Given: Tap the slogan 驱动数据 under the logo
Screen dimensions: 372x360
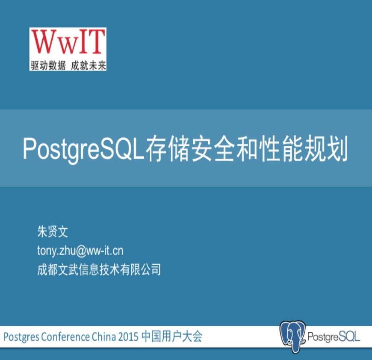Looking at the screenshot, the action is (48, 65).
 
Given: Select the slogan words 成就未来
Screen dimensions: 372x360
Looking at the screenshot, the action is (88, 65).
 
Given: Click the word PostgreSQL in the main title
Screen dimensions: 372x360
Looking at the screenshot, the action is (84, 149).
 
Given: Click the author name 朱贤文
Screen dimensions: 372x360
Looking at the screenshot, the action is (53, 231).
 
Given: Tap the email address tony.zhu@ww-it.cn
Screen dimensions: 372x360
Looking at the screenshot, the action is (80, 251).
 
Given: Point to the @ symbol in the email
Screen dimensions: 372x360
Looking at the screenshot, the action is (81, 251).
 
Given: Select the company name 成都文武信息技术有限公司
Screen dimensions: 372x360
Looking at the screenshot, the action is (99, 269).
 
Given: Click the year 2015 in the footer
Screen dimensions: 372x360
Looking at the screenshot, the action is (128, 336).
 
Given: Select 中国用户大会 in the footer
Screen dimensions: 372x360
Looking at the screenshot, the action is (172, 336).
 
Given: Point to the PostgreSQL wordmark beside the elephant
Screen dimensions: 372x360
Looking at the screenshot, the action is (334, 337).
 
